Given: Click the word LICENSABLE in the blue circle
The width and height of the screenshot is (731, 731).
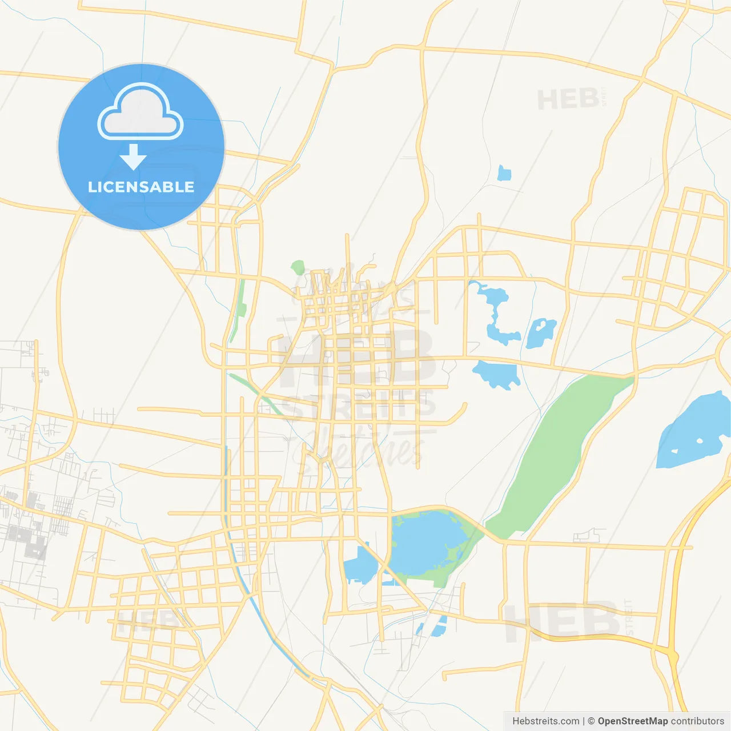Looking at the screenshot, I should click(141, 187).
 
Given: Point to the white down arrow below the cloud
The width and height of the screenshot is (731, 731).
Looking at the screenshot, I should click(133, 156).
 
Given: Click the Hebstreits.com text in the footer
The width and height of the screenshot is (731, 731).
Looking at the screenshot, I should click(545, 721).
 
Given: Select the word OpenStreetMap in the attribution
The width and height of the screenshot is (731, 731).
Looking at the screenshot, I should click(632, 721).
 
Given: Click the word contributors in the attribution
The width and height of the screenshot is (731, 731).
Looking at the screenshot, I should click(697, 721).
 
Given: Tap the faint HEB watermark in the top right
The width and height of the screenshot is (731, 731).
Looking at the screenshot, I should click(568, 100).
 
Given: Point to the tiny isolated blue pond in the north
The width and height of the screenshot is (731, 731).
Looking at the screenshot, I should click(504, 173).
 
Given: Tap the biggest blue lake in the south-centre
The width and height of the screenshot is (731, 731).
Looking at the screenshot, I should click(425, 543).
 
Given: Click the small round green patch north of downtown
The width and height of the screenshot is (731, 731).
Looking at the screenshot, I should click(298, 267).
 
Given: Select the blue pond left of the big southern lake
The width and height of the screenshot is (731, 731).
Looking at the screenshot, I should click(360, 565).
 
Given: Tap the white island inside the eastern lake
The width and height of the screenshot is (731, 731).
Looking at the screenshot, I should click(700, 441).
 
